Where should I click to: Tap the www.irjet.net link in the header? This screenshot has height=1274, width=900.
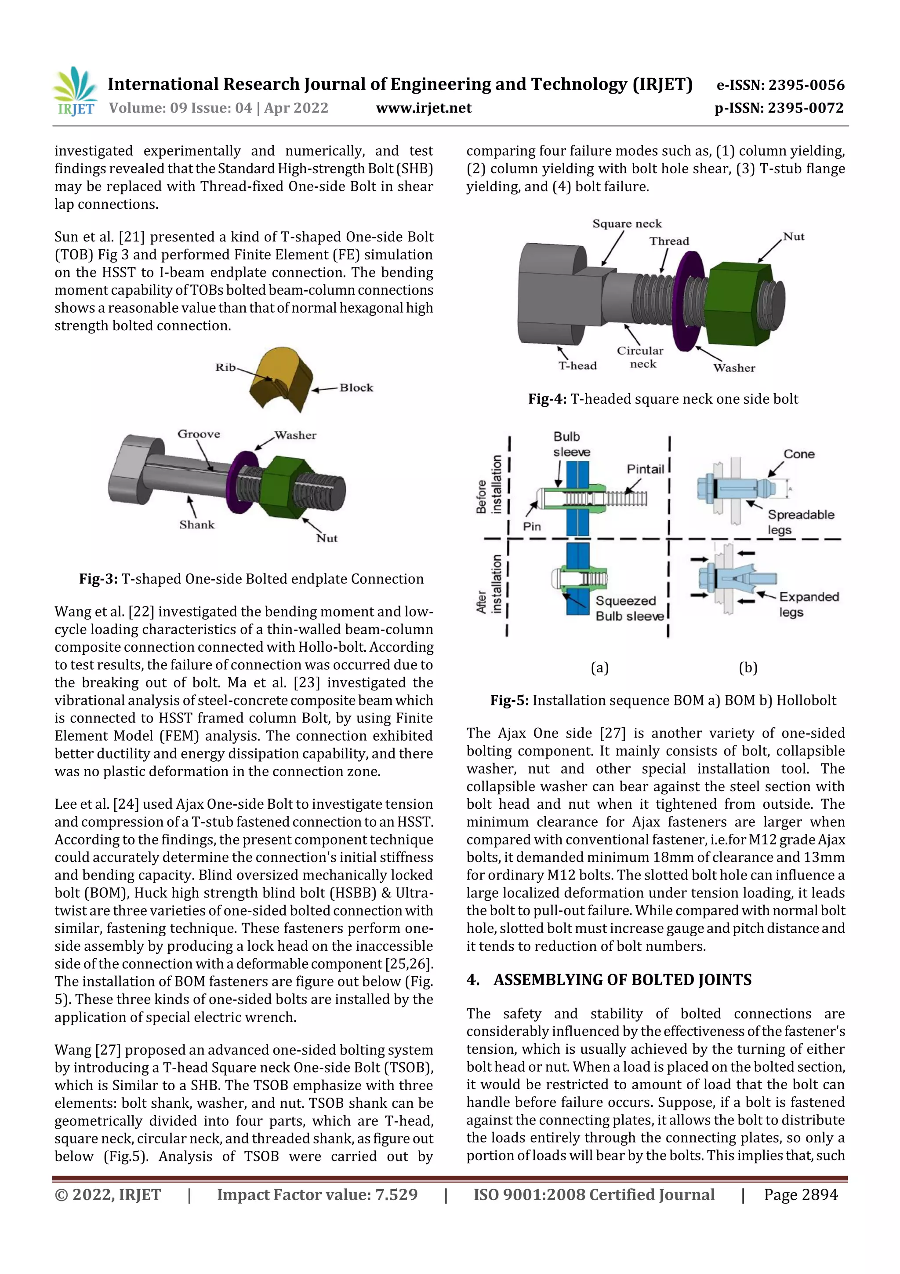(424, 108)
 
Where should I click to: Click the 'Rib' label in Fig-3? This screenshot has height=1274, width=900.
(225, 367)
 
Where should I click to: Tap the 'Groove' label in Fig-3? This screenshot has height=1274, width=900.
(199, 434)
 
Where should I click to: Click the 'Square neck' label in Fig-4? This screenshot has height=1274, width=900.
(627, 223)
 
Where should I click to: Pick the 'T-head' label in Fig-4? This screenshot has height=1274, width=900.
(577, 365)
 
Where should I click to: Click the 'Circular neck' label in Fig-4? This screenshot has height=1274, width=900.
(640, 358)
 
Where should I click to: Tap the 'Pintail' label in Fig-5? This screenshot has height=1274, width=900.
(645, 469)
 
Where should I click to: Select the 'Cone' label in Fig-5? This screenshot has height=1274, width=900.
(798, 454)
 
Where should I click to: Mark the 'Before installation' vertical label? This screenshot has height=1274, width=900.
(489, 485)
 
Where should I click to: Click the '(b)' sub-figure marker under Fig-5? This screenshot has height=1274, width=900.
(748, 668)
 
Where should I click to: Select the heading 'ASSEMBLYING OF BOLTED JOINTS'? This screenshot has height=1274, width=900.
(622, 980)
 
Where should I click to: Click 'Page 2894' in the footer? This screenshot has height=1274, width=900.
(800, 1195)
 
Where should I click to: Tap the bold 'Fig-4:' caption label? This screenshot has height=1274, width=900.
(547, 399)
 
